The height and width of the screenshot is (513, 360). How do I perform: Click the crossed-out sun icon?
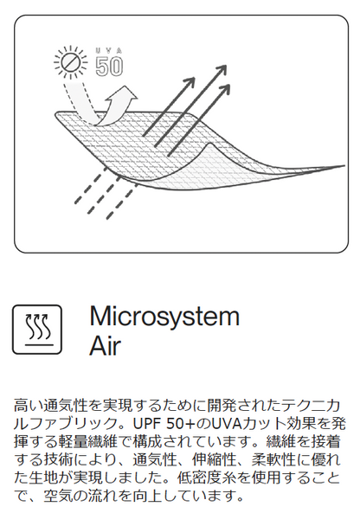tap(71, 62)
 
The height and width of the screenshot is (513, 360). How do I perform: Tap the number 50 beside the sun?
tap(109, 67)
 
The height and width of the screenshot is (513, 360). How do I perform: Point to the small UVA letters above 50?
tap(109, 51)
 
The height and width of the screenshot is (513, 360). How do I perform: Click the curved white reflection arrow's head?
tap(125, 95)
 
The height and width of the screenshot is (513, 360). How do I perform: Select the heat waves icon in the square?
tap(37, 330)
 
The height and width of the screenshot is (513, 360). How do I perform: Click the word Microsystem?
tap(164, 316)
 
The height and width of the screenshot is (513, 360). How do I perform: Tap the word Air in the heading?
tap(106, 345)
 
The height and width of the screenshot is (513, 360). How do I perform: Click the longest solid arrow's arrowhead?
tap(222, 70)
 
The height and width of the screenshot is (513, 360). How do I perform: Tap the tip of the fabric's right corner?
tap(344, 166)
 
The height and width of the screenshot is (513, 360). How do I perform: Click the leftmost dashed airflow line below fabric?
tap(90, 186)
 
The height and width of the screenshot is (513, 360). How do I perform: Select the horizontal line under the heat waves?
tap(37, 345)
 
